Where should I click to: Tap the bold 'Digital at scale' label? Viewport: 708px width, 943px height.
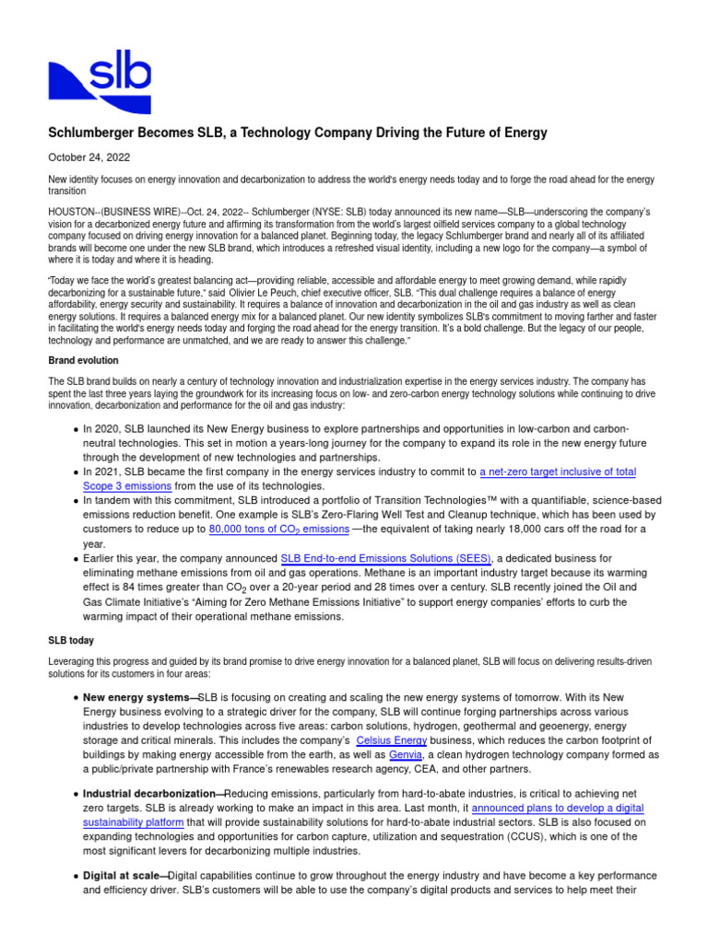[123, 875]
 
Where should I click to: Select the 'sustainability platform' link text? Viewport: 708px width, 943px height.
[133, 822]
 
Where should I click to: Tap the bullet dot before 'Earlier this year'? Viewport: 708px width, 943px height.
[75, 559]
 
